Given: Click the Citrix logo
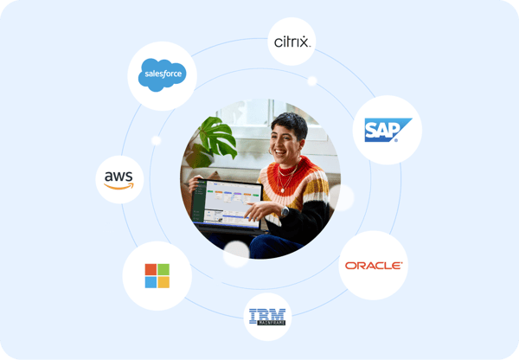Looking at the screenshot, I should tap(292, 41).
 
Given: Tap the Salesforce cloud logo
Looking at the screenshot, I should tap(162, 76).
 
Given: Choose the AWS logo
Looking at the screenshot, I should tap(119, 178).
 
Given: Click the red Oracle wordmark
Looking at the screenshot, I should tap(373, 265).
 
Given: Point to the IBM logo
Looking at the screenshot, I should tap(268, 317).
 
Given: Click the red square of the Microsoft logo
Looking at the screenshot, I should tap(151, 268).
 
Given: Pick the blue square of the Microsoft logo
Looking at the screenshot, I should tap(151, 281).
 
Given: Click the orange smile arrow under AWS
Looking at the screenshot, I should tap(120, 186).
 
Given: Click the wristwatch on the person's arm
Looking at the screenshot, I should tap(283, 210).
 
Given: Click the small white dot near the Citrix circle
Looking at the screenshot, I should tap(312, 81).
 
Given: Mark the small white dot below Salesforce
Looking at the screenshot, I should tap(157, 140).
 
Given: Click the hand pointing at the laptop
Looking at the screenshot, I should tap(256, 211).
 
